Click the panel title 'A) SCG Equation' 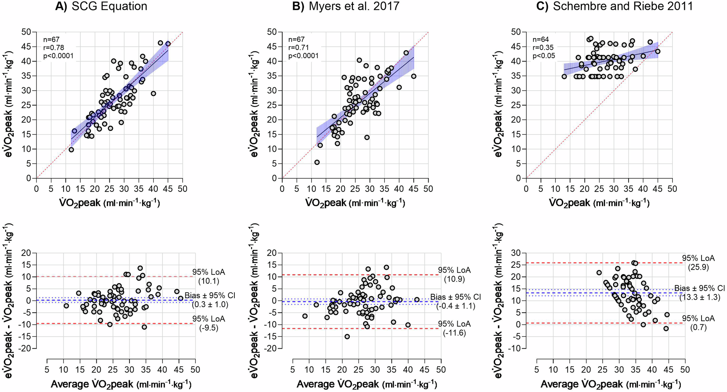101,6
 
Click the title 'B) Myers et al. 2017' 346,6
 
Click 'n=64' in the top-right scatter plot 541,39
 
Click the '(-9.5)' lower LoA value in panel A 209,328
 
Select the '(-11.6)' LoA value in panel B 454,333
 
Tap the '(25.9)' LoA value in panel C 698,267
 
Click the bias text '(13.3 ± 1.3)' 699,297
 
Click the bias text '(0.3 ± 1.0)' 210,304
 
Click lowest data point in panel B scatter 317,162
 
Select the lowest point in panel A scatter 71,150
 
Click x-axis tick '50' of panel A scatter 182,189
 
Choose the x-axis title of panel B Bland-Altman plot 367,384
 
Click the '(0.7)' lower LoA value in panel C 698,327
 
